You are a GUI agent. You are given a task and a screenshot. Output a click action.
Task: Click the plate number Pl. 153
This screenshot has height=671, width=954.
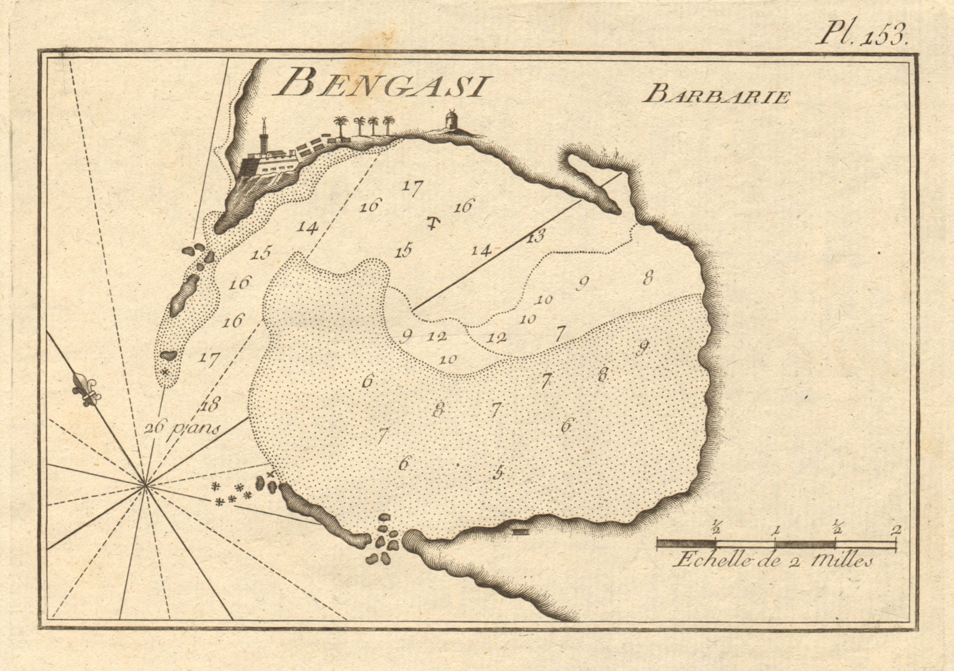tap(862, 34)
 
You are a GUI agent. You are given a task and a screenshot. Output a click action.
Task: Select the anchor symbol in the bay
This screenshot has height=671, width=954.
tap(433, 224)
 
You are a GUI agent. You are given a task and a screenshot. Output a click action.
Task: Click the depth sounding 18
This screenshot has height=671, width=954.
tap(210, 405)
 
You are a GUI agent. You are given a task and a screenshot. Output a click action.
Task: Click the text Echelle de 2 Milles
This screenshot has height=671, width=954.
tap(773, 561)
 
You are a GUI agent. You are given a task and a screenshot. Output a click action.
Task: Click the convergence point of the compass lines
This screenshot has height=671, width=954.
tap(145, 486)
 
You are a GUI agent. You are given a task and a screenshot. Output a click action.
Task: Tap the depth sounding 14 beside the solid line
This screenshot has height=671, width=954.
tap(481, 251)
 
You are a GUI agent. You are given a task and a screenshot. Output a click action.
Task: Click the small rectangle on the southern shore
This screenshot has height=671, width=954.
tap(520, 531)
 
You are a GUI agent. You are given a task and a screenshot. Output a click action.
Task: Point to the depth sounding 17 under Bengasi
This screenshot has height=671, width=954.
tap(411, 187)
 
